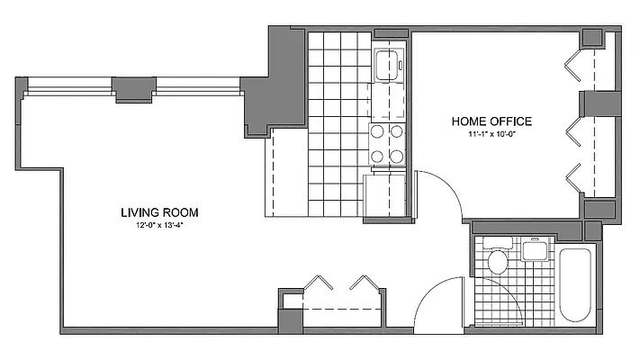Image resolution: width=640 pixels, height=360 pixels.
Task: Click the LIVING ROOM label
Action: coord(159,213)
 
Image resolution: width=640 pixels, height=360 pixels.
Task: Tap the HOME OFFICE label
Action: coord(492,121)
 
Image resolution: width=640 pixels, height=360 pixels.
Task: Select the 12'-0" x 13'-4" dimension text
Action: coord(159,226)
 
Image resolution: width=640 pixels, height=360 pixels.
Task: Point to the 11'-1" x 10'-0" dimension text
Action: coord(492,135)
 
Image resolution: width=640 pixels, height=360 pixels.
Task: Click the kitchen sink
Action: coord(389,65)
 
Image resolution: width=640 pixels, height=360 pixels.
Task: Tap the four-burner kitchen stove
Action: coord(387,144)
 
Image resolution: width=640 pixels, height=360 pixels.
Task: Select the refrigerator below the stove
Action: coord(385,192)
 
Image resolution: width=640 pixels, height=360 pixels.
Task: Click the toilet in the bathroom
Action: coord(496,262)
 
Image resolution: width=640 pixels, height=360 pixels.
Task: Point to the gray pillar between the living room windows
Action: coord(133,88)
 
